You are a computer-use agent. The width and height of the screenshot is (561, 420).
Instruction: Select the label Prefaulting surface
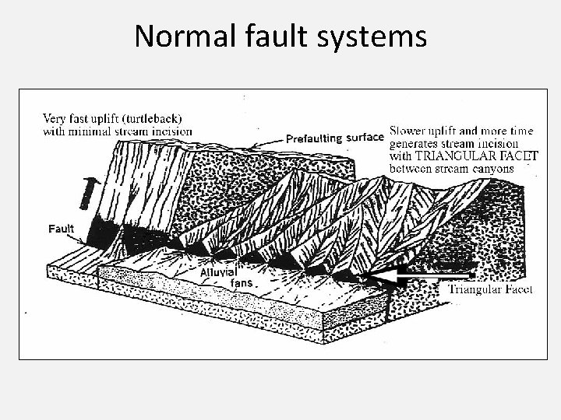pos(334,138)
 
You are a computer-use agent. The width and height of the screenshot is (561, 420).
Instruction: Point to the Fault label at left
pos(62,229)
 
